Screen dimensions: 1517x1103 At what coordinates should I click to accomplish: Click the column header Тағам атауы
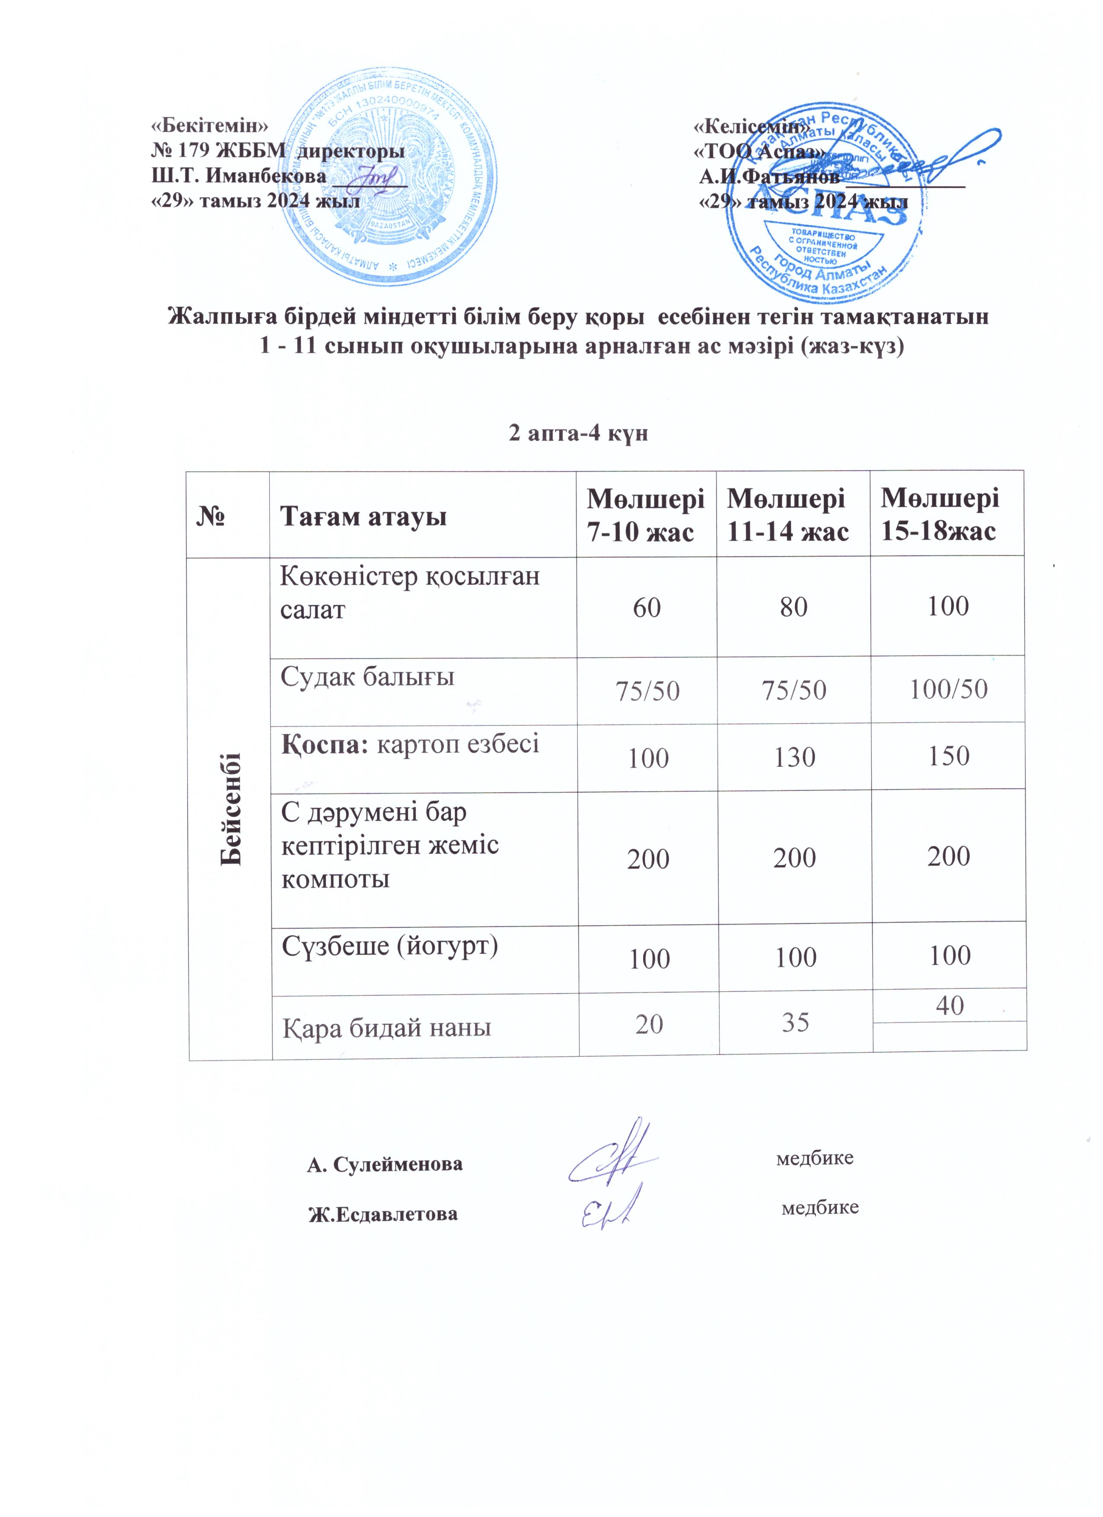pos(363,517)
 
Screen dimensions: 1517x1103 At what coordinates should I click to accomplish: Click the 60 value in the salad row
pos(647,607)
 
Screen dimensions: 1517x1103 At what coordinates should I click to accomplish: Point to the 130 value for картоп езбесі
pos(795,757)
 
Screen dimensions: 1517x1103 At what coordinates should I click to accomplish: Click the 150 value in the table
pos(949,756)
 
